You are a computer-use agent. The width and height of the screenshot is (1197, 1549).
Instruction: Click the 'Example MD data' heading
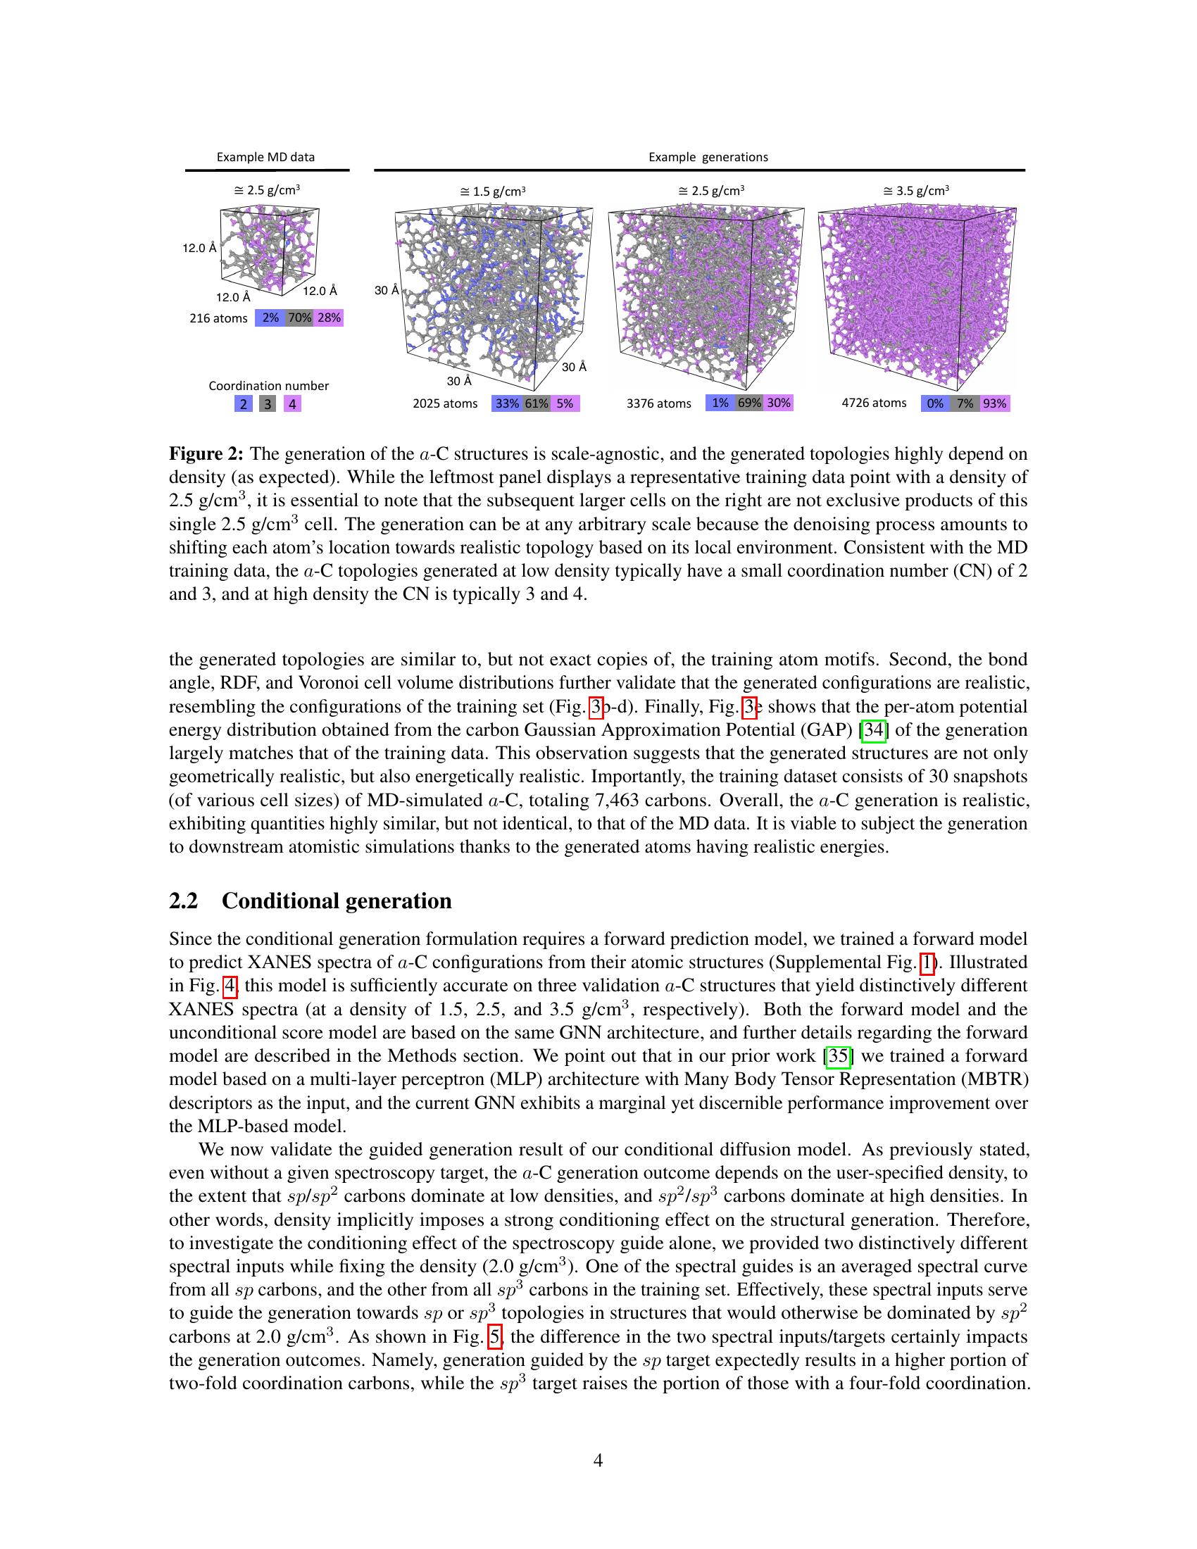[265, 157]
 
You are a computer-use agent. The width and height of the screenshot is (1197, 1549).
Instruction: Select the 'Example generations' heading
[708, 157]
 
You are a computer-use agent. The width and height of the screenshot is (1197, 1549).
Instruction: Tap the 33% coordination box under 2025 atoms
[507, 403]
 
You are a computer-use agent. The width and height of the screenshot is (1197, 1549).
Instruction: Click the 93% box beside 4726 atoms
[994, 403]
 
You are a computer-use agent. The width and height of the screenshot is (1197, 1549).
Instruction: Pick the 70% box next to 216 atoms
[300, 318]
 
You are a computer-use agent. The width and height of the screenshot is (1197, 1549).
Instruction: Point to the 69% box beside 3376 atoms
[750, 403]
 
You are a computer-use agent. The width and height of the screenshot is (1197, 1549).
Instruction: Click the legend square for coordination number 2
[243, 404]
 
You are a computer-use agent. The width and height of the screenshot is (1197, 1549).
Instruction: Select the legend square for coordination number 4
[292, 404]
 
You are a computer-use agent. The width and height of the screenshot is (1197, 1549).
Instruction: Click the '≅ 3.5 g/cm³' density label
[915, 191]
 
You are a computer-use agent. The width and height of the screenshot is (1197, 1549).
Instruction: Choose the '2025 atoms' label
[445, 403]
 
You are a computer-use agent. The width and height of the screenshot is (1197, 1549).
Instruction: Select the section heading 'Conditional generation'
[336, 901]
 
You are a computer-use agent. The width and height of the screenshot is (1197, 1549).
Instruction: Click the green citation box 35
[839, 1055]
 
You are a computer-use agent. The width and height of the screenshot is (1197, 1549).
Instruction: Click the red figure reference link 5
[496, 1337]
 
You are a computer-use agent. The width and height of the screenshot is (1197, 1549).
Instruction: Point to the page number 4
[598, 1460]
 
